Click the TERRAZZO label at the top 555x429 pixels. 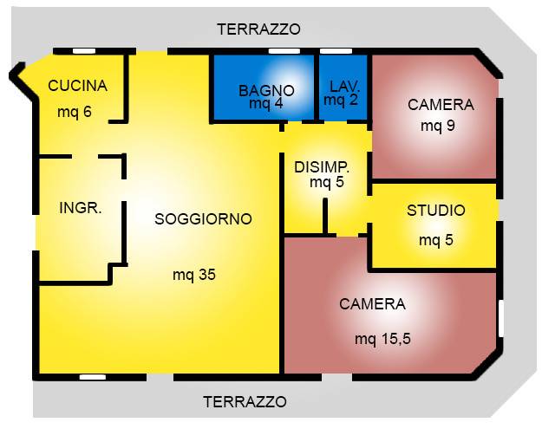(258, 29)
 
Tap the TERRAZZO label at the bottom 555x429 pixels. (245, 402)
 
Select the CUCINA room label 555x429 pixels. (78, 86)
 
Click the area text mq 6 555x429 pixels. (75, 113)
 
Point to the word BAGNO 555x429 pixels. (266, 90)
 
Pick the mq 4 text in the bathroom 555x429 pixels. (266, 104)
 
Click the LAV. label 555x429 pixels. (344, 87)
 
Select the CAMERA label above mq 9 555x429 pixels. (441, 105)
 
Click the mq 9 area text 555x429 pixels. (438, 126)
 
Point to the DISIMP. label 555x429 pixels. (322, 166)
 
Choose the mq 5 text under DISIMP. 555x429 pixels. (327, 182)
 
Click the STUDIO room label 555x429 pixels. (436, 211)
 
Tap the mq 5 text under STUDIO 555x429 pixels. (436, 240)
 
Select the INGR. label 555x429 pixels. (81, 208)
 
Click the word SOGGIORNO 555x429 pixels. (203, 219)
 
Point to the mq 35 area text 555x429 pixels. (193, 276)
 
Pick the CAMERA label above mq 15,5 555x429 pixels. (373, 304)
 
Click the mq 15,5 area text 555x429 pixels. (382, 338)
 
